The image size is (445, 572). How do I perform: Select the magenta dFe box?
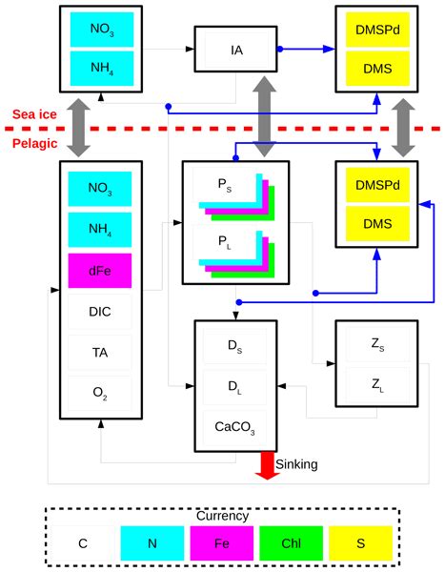pyautogui.click(x=100, y=271)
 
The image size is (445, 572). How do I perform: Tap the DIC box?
pyautogui.click(x=100, y=312)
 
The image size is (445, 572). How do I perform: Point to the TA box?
pyautogui.click(x=100, y=352)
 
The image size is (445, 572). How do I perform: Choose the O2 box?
pyautogui.click(x=100, y=392)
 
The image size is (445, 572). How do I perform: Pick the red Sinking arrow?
pyautogui.click(x=267, y=465)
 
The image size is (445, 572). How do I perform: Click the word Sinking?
pyautogui.click(x=296, y=464)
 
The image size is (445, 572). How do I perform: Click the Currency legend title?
pyautogui.click(x=222, y=516)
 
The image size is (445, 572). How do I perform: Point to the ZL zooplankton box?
pyautogui.click(x=375, y=384)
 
